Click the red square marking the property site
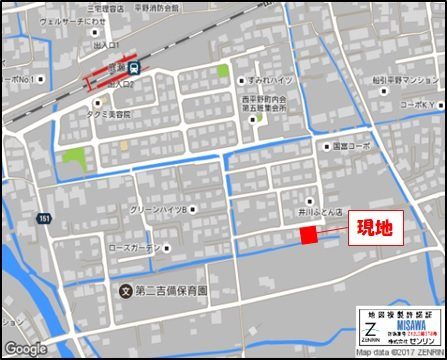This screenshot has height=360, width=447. (x=308, y=235)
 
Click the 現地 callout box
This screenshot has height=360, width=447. (x=375, y=228)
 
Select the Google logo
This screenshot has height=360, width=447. (x=25, y=348)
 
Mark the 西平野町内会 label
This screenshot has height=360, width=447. (x=265, y=99)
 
